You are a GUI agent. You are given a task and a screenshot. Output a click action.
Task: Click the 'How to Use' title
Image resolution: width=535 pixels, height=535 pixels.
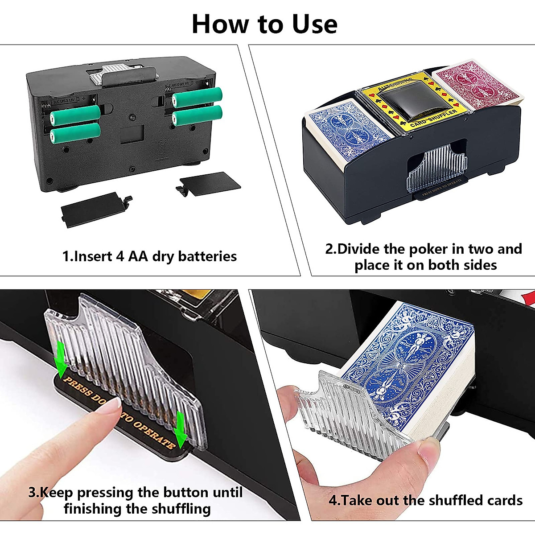(264, 24)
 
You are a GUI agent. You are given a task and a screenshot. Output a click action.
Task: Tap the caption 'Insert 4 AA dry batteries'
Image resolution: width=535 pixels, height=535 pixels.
(149, 256)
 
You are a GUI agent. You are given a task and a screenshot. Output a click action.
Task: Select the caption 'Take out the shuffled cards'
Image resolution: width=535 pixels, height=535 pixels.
(425, 500)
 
